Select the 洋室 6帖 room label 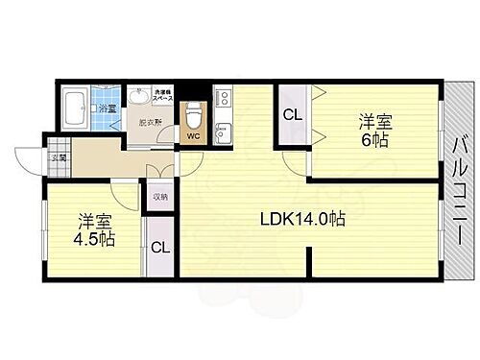pos(374,130)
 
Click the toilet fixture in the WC pos(194,112)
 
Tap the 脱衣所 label pos(149,123)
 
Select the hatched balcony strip pos(458,182)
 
